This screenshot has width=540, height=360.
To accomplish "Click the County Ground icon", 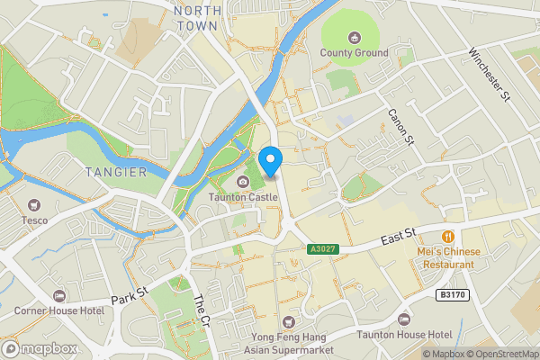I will pos(354,37).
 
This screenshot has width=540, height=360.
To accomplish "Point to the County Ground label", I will pos(354,53).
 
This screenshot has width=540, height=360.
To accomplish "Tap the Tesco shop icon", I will pos(34,205).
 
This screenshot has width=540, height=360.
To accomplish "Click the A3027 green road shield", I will pos(321,247).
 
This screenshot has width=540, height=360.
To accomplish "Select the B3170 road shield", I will pos(452,293).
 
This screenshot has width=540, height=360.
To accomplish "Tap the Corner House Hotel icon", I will pos(58,295).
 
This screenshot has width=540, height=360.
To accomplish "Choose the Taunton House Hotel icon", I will pos(403,319).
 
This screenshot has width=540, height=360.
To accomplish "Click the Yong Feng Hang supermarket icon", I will pos(288,320).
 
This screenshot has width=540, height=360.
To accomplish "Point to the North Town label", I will pos(196,18).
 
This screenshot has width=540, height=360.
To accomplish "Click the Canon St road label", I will pos(399,127).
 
